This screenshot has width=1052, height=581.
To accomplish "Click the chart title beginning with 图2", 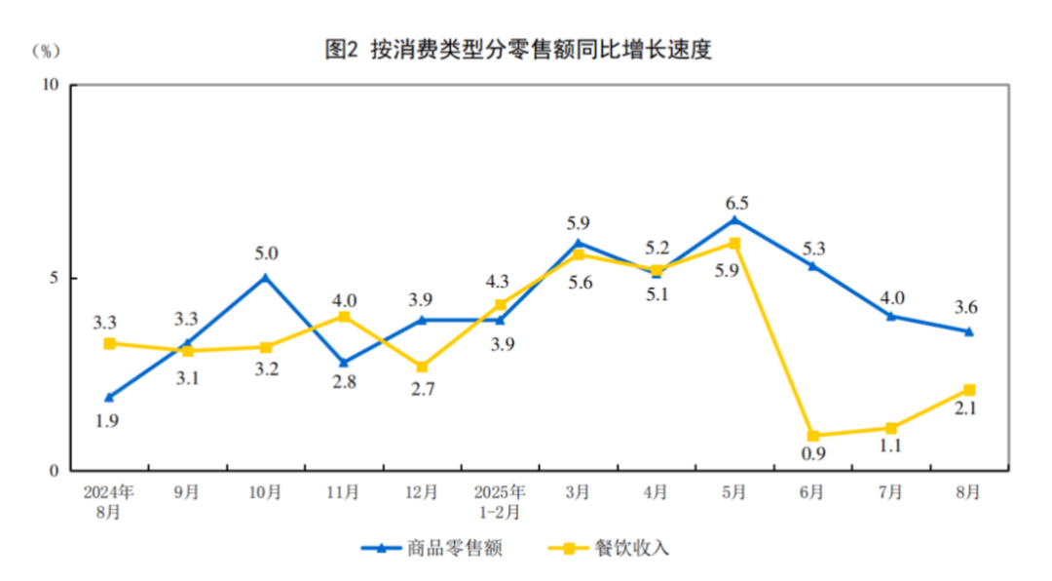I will tap(518, 50).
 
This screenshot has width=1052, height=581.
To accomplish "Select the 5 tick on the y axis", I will tap(56, 278).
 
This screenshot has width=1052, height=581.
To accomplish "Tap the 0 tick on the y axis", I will tap(56, 471).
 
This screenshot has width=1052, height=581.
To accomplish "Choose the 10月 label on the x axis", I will tap(265, 492).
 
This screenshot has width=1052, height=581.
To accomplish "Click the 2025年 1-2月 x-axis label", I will tap(500, 500).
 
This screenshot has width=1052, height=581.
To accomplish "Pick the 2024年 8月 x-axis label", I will tap(109, 500).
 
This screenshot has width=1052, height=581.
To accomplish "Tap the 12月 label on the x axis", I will tap(422, 492).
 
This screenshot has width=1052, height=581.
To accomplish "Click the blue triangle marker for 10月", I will tap(266, 277).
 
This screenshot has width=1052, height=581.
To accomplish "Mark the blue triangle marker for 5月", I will tap(734, 219).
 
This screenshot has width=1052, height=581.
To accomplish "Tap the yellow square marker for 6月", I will tap(812, 436).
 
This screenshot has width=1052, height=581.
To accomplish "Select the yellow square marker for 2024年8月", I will tap(109, 343).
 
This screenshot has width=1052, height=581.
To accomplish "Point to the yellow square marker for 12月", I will tap(422, 367).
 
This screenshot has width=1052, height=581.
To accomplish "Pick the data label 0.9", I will tap(811, 454).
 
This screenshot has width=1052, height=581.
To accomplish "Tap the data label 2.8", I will tap(344, 382).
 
